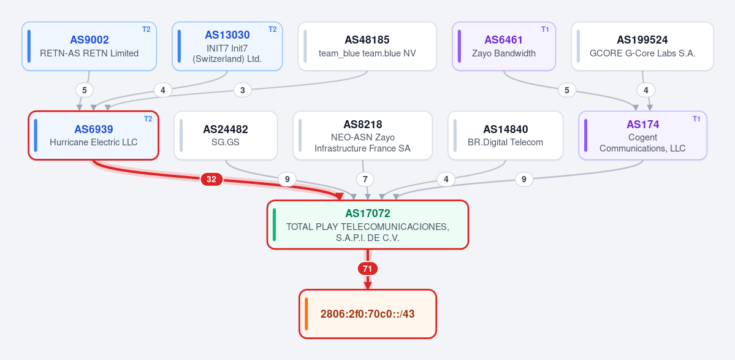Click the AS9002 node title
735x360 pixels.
(89, 40)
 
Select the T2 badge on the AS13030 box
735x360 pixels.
(272, 29)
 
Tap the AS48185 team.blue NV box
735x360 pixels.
(367, 46)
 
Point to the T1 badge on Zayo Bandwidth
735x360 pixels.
(545, 29)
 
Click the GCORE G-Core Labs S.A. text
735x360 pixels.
(642, 53)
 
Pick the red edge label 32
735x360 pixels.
(211, 179)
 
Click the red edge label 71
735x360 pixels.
(368, 269)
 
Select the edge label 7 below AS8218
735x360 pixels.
(365, 179)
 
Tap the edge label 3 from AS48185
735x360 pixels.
(242, 90)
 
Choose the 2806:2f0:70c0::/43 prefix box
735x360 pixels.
(368, 314)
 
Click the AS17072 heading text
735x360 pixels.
(368, 213)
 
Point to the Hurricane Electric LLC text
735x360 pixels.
(94, 142)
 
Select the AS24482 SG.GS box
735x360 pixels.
(226, 136)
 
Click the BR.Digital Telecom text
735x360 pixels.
(505, 142)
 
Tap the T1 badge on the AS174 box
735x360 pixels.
(696, 118)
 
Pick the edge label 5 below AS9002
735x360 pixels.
(85, 90)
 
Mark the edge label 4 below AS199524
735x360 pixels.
(646, 90)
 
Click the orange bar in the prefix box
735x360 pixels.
(306, 314)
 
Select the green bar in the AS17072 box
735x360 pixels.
(274, 224)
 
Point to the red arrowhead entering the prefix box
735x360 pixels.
(368, 286)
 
